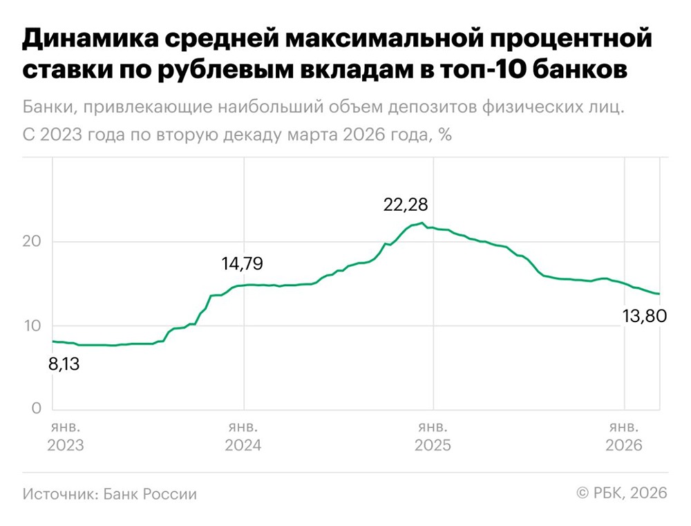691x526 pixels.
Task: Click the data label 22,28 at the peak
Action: pyautogui.click(x=406, y=205)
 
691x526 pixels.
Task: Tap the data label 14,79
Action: pyautogui.click(x=242, y=263)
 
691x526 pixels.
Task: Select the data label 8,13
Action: pyautogui.click(x=64, y=364)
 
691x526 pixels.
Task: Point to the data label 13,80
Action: pyautogui.click(x=640, y=317)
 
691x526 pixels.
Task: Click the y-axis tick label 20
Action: pyautogui.click(x=32, y=242)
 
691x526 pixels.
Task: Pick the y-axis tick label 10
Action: pyautogui.click(x=32, y=326)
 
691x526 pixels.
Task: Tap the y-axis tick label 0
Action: pyautogui.click(x=37, y=409)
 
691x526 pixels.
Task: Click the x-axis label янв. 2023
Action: pyautogui.click(x=66, y=435)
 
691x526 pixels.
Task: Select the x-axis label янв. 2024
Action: pyautogui.click(x=243, y=435)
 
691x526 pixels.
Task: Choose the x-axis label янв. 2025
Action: pyautogui.click(x=433, y=435)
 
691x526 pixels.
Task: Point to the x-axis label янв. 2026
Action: pyautogui.click(x=624, y=435)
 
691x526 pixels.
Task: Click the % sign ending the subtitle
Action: pyautogui.click(x=444, y=135)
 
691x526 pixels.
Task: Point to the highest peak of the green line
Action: pyautogui.click(x=422, y=223)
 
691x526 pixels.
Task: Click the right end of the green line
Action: pyautogui.click(x=659, y=294)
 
